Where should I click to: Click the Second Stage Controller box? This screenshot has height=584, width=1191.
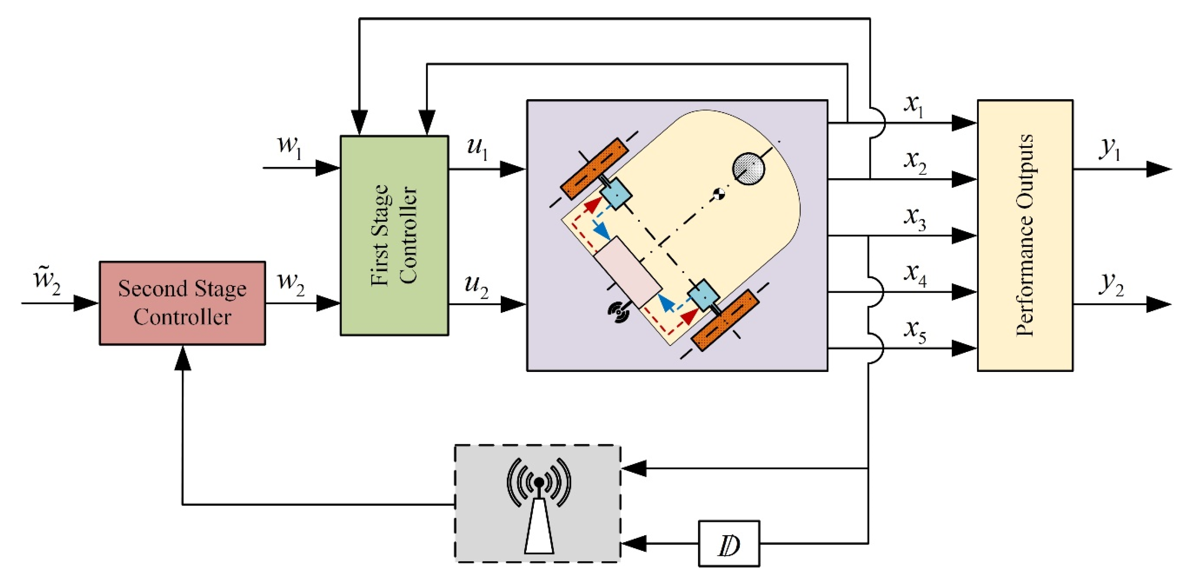tap(182, 303)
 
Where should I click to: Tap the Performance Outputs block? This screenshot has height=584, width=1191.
tap(1025, 235)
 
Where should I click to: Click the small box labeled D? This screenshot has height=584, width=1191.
tap(729, 543)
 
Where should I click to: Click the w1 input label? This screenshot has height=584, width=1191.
tap(289, 147)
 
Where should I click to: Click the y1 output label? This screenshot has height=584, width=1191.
tap(1110, 149)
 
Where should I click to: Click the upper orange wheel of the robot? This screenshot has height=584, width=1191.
tap(595, 169)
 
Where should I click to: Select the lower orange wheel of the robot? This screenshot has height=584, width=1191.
tap(725, 320)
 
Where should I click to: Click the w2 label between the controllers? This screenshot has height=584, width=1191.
tap(291, 283)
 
